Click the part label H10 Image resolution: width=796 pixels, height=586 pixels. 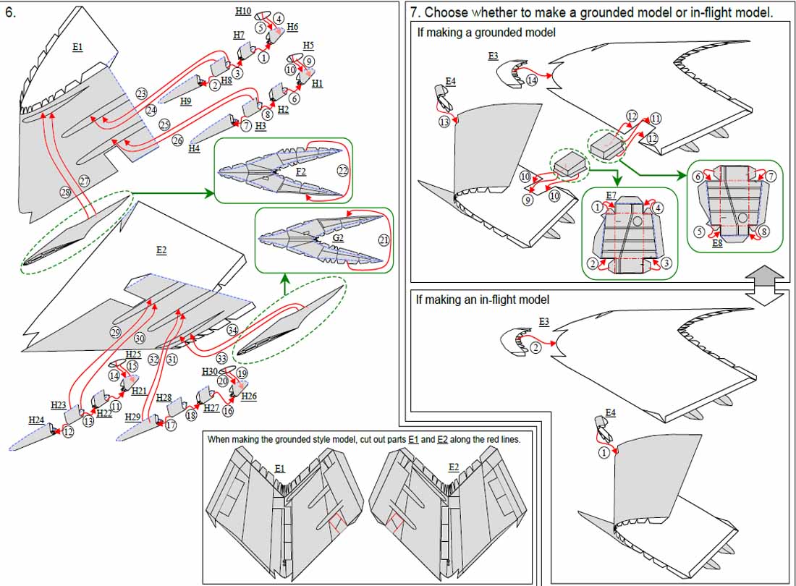pyautogui.click(x=243, y=11)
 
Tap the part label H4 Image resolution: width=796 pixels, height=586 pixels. pyautogui.click(x=193, y=148)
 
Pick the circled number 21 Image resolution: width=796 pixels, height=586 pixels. pyautogui.click(x=383, y=239)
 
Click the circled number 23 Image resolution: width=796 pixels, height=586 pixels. pyautogui.click(x=141, y=93)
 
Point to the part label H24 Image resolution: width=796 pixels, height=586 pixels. pyautogui.click(x=36, y=420)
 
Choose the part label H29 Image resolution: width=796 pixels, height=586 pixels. pyautogui.click(x=132, y=417)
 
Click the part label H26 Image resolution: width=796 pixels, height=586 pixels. pyautogui.click(x=249, y=396)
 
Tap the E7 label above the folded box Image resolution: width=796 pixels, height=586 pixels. pyautogui.click(x=611, y=195)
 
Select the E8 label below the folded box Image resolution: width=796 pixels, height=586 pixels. pyautogui.click(x=717, y=244)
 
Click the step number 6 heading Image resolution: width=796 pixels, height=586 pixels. pyautogui.click(x=10, y=12)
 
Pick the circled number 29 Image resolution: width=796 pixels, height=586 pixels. pyautogui.click(x=116, y=332)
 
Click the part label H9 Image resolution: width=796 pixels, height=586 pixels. pyautogui.click(x=186, y=101)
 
